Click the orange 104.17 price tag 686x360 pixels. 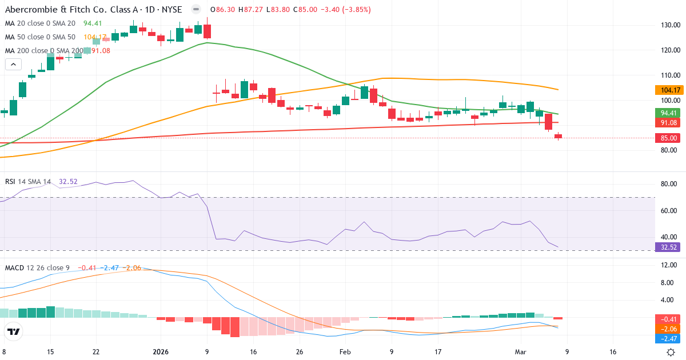(x=667, y=90)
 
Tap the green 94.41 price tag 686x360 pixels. (x=667, y=113)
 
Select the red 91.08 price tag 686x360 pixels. (x=667, y=122)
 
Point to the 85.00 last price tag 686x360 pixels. (x=667, y=138)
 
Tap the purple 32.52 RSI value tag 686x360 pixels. (x=667, y=248)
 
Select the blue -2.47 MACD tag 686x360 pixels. (x=667, y=338)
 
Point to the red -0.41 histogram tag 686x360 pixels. (x=667, y=319)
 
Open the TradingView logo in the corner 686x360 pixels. (x=13, y=331)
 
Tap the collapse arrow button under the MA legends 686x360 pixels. (x=13, y=65)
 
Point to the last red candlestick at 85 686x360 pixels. (x=558, y=136)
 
